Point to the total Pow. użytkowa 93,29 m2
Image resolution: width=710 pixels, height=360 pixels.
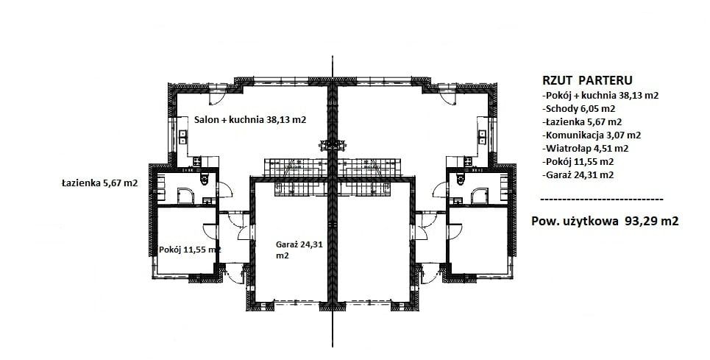[605, 221]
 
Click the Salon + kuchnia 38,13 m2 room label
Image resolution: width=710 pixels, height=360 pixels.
[250, 120]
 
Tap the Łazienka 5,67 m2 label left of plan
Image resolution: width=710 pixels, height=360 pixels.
[99, 183]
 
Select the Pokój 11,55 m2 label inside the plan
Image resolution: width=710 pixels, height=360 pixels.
[190, 250]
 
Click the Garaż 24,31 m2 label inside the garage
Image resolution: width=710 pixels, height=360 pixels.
[299, 250]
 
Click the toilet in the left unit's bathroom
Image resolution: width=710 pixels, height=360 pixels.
[205, 179]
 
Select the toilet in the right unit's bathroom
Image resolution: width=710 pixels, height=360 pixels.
[461, 179]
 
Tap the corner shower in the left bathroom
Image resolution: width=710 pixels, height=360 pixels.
[185, 196]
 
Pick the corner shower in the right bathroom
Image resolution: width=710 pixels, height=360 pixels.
[480, 196]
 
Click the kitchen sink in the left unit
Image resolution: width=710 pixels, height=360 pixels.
[183, 137]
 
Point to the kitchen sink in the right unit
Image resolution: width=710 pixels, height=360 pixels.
[482, 137]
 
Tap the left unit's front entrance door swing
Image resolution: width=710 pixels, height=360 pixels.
[235, 275]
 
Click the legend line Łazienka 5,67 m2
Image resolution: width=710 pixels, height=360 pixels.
[581, 121]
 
